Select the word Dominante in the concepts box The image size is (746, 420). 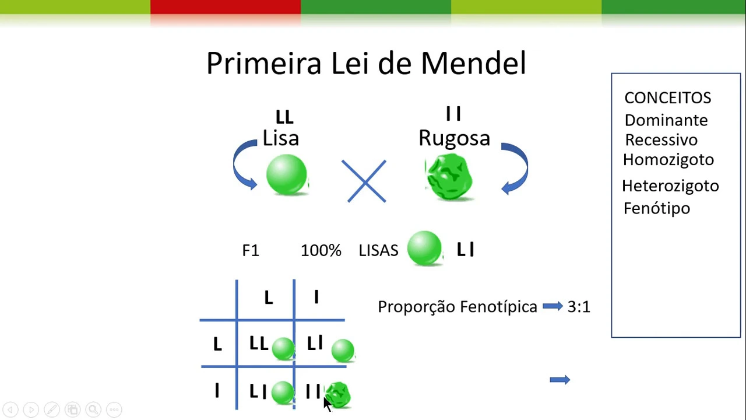click(666, 120)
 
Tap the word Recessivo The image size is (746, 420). click(661, 140)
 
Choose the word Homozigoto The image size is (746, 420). click(668, 159)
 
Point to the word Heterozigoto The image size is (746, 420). click(670, 186)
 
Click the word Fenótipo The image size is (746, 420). click(656, 208)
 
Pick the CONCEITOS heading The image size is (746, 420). click(667, 97)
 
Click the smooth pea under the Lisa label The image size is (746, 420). click(286, 174)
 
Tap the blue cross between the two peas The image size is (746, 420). click(366, 181)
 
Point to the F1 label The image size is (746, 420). click(250, 250)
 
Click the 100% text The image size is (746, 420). click(321, 250)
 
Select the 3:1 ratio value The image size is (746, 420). click(579, 307)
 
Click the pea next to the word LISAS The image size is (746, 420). click(424, 249)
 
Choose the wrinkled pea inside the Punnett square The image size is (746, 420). click(338, 394)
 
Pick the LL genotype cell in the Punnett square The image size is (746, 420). click(258, 344)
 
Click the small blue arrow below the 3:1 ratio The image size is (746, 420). click(559, 380)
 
